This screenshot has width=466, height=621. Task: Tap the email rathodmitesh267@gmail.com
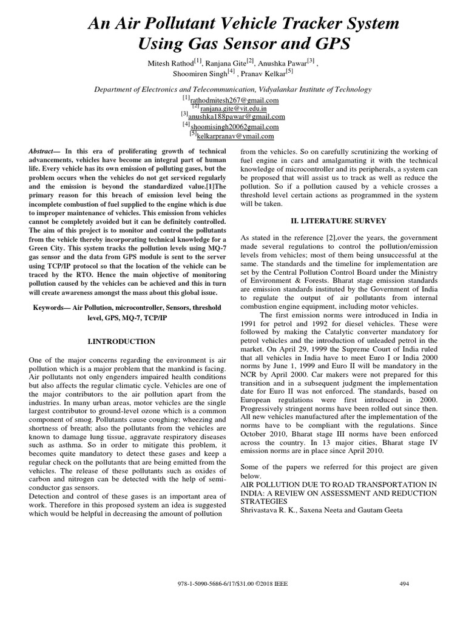235,100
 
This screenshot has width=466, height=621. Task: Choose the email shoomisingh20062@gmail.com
235,127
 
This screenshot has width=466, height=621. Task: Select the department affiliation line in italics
232,89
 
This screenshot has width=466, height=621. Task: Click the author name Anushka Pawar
291,62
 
